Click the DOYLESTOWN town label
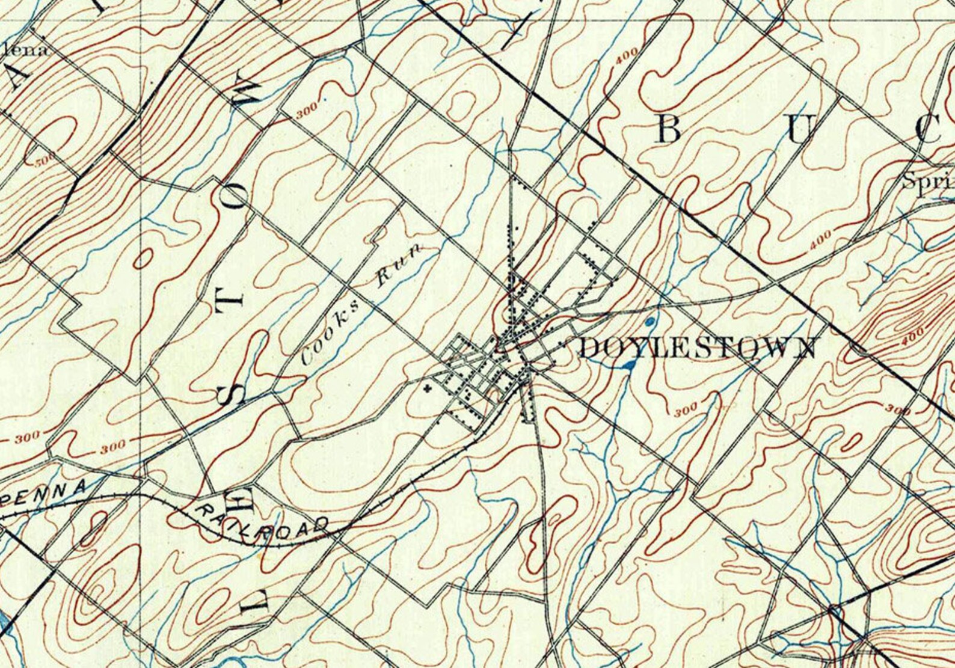tap(698, 348)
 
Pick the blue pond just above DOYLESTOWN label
tap(650, 321)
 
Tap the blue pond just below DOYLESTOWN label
tap(629, 364)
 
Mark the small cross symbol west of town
tap(428, 387)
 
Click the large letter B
tap(668, 129)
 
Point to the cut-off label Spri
tap(929, 181)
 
